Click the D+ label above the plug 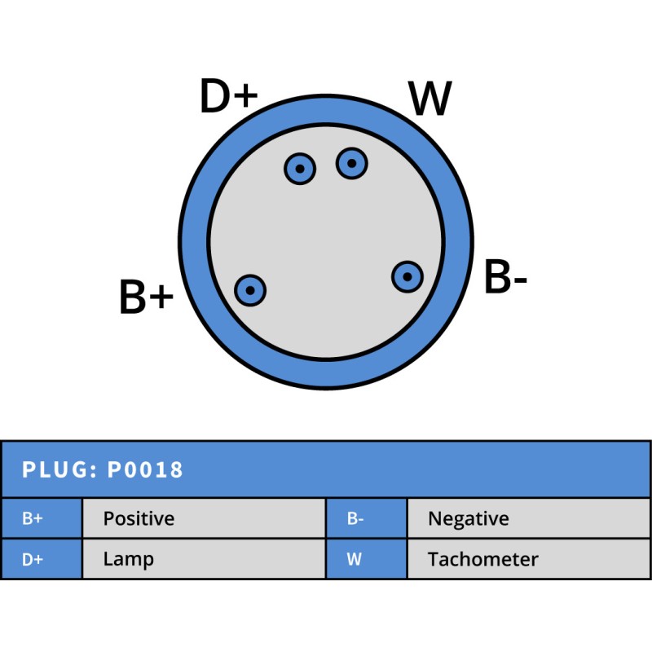(x=228, y=98)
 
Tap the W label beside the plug (x=430, y=99)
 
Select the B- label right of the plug (x=505, y=279)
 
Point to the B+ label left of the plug (x=147, y=297)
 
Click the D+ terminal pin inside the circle (x=300, y=169)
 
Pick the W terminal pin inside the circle (x=352, y=164)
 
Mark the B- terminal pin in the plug (x=407, y=276)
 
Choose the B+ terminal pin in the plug (x=250, y=289)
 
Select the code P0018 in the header (x=145, y=469)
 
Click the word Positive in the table (x=139, y=518)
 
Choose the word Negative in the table (x=468, y=518)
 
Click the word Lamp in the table (x=128, y=560)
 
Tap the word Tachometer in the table (x=482, y=560)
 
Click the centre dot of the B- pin (x=407, y=276)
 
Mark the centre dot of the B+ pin (x=250, y=289)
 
